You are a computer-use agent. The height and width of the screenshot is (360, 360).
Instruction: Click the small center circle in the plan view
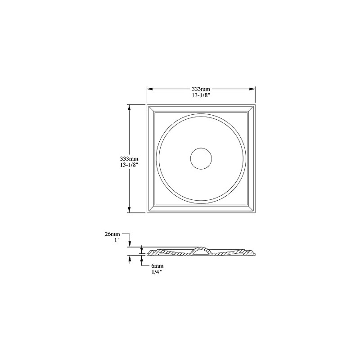click(201, 148)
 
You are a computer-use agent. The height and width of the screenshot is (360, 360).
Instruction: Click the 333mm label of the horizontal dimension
click(201, 89)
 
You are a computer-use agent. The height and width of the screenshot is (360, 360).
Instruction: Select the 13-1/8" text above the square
click(201, 95)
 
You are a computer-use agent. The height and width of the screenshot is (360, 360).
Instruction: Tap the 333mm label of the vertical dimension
click(129, 158)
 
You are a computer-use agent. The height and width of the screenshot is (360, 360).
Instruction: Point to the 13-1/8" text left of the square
click(129, 165)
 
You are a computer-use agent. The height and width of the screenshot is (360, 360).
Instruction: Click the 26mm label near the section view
click(112, 234)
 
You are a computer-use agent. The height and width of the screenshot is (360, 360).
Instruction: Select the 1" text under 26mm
click(117, 241)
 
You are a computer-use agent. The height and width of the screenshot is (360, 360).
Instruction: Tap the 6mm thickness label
click(157, 266)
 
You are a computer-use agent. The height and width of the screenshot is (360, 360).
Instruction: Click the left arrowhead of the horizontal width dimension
click(150, 89)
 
